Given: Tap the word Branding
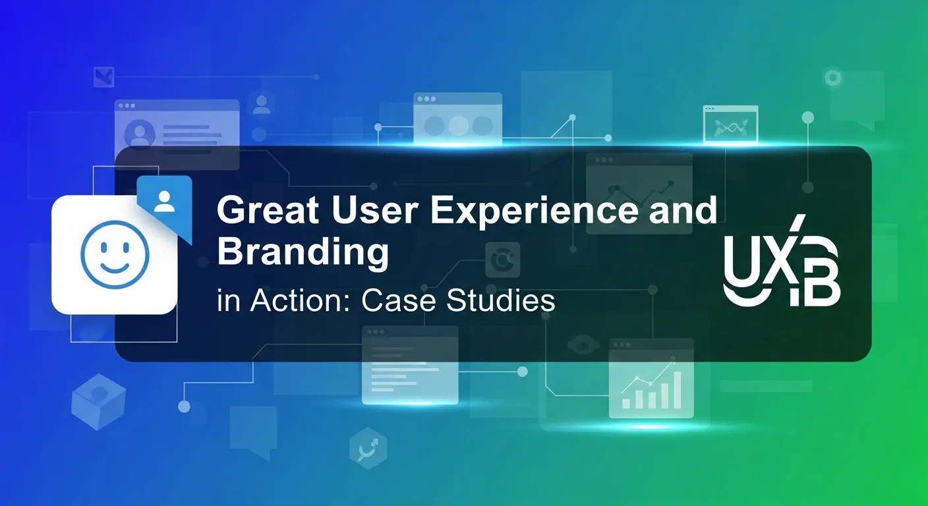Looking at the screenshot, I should click(303, 253).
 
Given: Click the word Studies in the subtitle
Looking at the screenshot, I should click(500, 301).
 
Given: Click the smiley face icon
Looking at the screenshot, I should click(115, 254).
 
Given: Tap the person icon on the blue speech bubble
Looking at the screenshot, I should click(165, 201).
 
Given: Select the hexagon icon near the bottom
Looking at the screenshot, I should click(368, 449).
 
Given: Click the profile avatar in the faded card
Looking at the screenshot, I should click(140, 134).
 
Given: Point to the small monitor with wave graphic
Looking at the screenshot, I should click(730, 125).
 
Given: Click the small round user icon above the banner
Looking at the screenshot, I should click(262, 103).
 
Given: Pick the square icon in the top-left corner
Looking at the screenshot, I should click(103, 77).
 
